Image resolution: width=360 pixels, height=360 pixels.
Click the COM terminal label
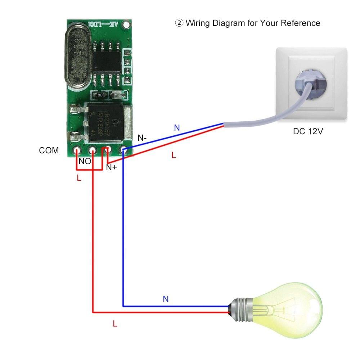[x=49, y=150]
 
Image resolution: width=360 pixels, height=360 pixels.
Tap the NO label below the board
[x=85, y=162]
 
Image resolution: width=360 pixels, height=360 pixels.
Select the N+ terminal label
[x=111, y=167]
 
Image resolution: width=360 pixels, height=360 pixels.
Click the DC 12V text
[x=308, y=131]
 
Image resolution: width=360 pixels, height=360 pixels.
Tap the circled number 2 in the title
[x=179, y=23]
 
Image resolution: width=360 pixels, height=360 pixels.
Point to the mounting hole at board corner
[x=126, y=25]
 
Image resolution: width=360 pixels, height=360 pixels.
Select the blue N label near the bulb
[x=166, y=299]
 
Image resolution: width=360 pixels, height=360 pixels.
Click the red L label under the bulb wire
[x=115, y=324]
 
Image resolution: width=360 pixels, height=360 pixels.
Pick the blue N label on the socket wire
[x=177, y=127]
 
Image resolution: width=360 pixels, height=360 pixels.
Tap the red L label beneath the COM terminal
[x=79, y=178]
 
